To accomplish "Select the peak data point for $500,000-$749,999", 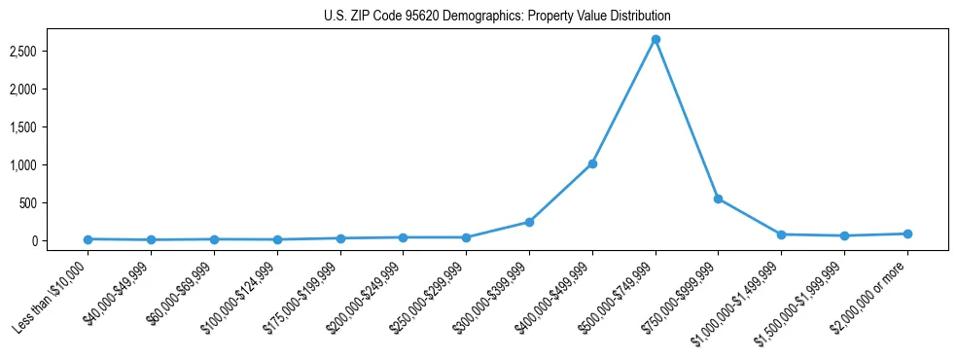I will click(x=656, y=39).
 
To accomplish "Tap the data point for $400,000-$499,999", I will click(x=592, y=163).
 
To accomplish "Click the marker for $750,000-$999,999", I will click(x=718, y=198).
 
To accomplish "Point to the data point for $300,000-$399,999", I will click(x=529, y=222).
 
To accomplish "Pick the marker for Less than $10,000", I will click(x=88, y=239).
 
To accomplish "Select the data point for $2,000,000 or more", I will click(x=907, y=234).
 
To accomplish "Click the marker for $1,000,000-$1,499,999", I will click(x=781, y=234).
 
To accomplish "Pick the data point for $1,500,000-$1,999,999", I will click(x=844, y=235).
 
